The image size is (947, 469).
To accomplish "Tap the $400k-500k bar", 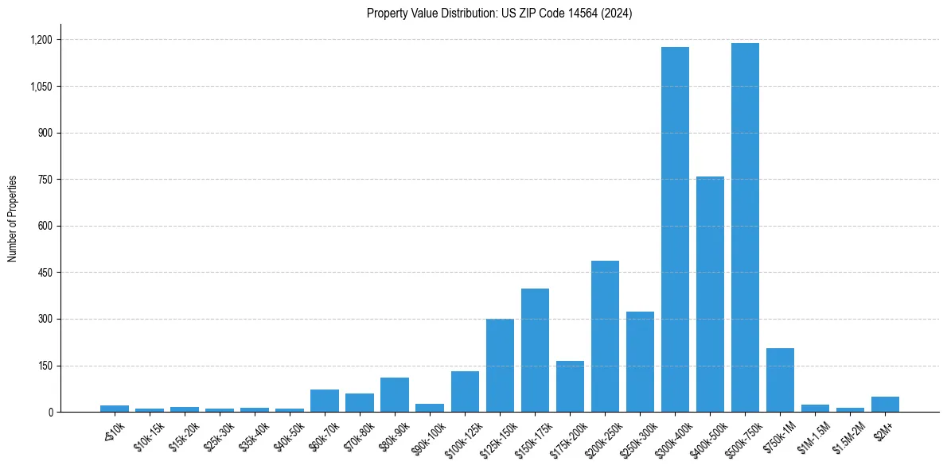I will (710, 294).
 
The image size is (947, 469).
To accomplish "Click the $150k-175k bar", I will (535, 351).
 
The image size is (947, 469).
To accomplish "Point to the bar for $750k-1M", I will (780, 380).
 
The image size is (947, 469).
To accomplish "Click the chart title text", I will (499, 14).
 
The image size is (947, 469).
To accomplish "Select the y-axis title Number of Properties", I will (13, 219).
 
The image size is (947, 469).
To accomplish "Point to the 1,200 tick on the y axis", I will (41, 40).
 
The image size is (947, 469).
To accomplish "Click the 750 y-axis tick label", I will (45, 180).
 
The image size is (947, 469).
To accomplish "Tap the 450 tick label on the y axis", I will (45, 273).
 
